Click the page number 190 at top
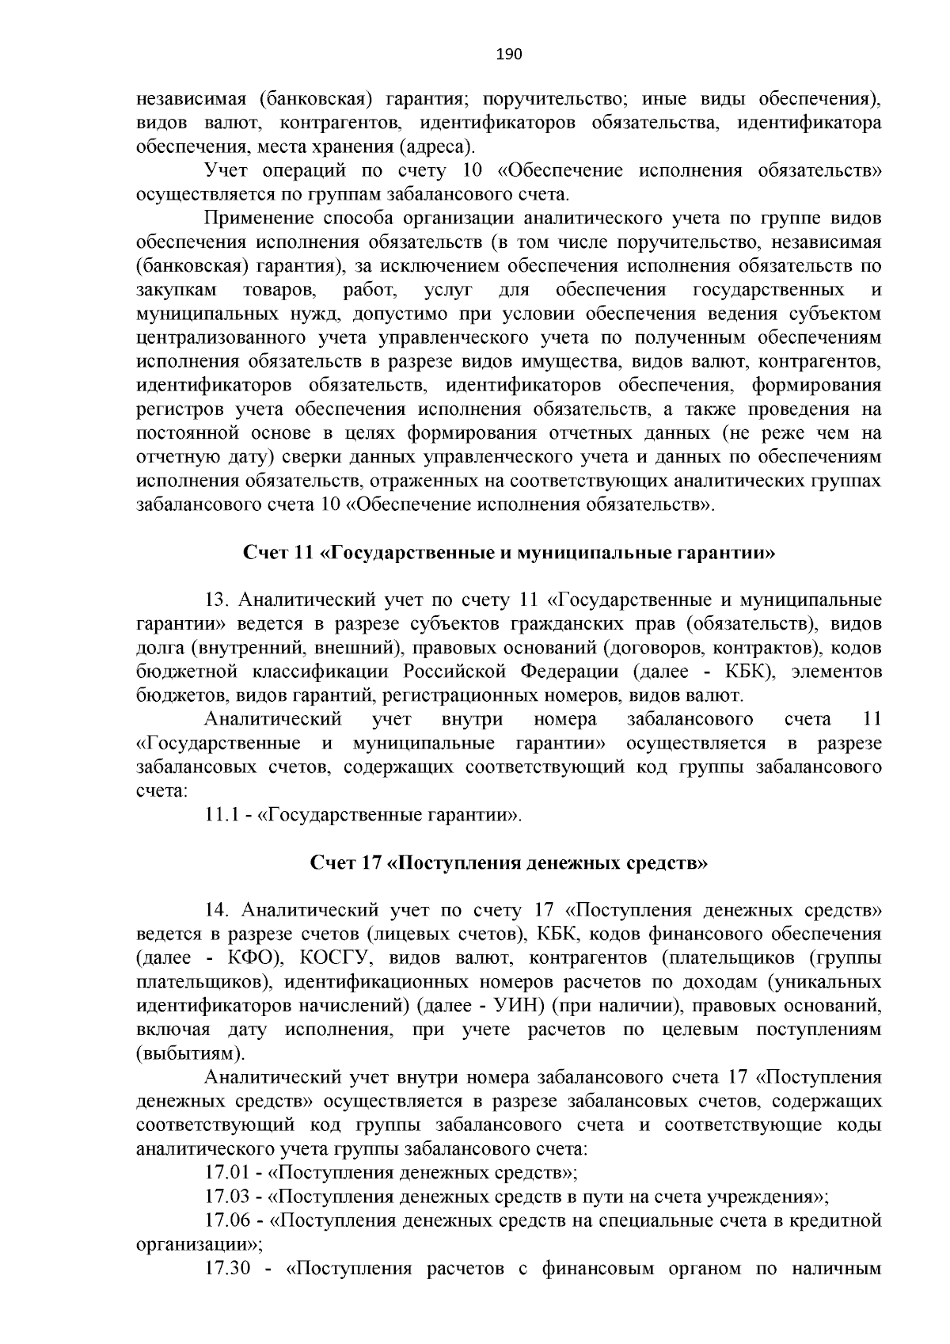click(x=509, y=54)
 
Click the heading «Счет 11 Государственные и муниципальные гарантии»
click(x=508, y=552)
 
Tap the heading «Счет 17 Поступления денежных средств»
click(x=508, y=862)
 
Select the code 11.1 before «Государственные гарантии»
click(x=222, y=814)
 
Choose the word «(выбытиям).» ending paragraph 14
click(x=190, y=1054)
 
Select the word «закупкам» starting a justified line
click(x=176, y=290)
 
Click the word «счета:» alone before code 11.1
click(x=161, y=790)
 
